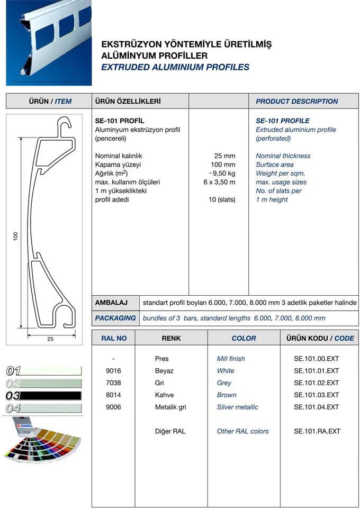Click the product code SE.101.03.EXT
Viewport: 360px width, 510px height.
coord(316,395)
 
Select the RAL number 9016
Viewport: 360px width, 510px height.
coord(114,371)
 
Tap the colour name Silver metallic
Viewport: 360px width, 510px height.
coord(238,407)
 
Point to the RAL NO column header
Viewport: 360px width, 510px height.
coord(114,338)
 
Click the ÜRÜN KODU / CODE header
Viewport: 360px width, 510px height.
coord(320,338)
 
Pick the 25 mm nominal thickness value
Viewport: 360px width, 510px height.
coord(224,156)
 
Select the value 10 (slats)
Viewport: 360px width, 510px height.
coord(222,199)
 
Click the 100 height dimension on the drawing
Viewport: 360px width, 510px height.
coord(16,236)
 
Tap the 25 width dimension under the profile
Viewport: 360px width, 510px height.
coord(50,339)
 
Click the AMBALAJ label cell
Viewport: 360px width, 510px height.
coord(111,303)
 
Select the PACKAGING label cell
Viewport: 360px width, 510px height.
coord(115,318)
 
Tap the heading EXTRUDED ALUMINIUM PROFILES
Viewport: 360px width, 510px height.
coord(175,67)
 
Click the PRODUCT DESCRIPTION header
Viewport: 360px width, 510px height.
coord(296,101)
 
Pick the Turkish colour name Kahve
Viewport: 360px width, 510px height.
coord(164,395)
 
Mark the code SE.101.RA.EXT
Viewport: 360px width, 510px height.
coord(317,432)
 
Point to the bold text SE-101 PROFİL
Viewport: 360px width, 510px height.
coord(119,121)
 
